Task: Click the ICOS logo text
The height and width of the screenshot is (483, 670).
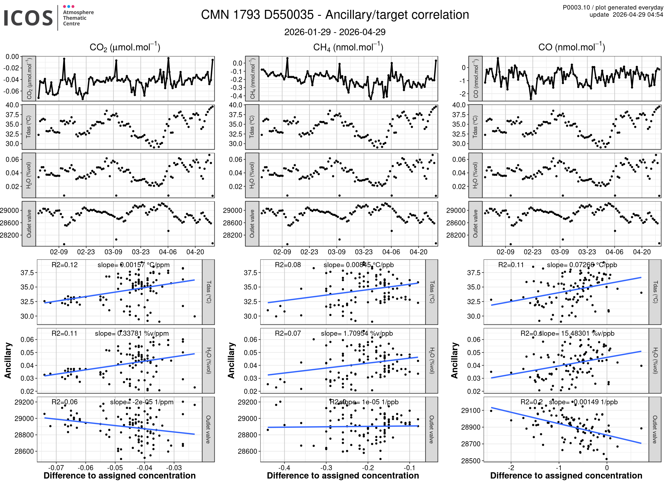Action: pos(28,18)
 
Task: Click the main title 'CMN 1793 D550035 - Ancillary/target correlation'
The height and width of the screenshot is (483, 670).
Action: pos(335,15)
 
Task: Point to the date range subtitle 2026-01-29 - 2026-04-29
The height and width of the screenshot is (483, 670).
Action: pos(335,32)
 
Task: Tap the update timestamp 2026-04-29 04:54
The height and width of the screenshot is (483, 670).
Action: pos(638,15)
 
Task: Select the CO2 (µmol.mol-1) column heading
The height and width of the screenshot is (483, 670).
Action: pos(125,47)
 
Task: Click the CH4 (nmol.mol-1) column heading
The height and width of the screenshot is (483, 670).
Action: pos(348,47)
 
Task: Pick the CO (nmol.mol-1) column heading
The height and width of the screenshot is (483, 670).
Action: pos(571,47)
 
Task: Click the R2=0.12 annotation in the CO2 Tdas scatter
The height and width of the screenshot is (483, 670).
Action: pos(64,265)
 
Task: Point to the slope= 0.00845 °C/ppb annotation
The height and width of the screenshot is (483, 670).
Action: pos(359,265)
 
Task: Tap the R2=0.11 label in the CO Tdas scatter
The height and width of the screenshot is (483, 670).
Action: pos(511,265)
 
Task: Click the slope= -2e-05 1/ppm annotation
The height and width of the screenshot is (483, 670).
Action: pos(142,402)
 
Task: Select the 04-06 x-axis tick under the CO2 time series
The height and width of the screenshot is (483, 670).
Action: pos(168,252)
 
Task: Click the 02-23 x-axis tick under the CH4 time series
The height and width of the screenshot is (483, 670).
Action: pos(309,252)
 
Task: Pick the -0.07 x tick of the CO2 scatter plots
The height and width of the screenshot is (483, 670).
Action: pos(56,468)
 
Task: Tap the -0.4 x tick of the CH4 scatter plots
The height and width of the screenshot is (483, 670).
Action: pos(284,468)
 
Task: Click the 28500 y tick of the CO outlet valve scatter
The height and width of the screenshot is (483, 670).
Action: pos(471,461)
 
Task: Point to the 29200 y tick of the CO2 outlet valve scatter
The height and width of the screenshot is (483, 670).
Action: pos(24,402)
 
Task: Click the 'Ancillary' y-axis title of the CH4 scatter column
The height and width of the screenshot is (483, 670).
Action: pos(231,360)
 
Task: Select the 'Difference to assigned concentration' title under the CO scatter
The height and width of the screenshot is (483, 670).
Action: pos(566,476)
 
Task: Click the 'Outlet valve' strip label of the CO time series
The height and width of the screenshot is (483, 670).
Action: pos(475,224)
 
